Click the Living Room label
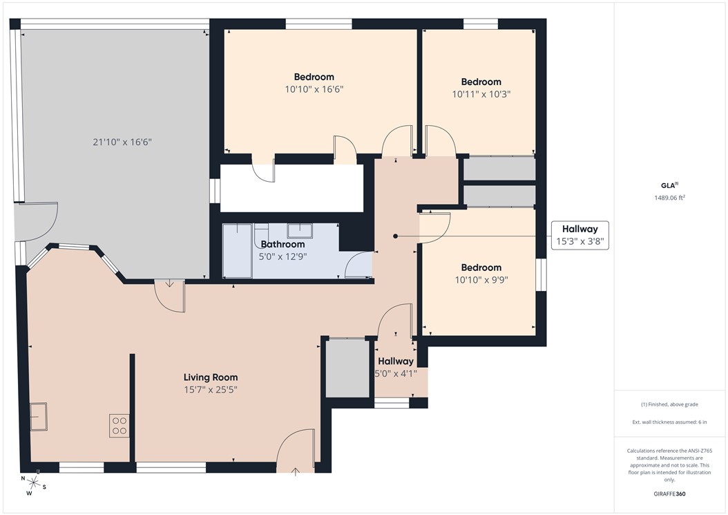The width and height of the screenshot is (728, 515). click(211, 377)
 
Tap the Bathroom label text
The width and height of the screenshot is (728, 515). click(282, 245)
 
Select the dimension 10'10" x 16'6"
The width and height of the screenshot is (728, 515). click(314, 89)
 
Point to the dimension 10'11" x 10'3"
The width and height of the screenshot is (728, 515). click(481, 94)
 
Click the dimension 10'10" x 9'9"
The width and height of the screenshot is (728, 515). click(481, 280)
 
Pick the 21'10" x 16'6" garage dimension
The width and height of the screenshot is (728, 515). click(122, 142)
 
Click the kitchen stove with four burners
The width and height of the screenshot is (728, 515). click(119, 425)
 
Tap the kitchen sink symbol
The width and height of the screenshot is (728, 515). click(39, 416)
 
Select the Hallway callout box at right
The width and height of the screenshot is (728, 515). click(580, 235)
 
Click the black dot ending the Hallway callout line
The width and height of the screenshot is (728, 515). click(396, 236)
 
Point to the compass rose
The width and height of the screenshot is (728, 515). click(33, 483)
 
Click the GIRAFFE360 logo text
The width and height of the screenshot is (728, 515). click(669, 494)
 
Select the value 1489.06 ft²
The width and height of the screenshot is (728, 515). click(669, 198)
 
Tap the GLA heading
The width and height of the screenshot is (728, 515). click(669, 185)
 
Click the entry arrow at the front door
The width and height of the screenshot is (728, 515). click(296, 471)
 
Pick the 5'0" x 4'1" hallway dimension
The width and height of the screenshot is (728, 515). click(396, 373)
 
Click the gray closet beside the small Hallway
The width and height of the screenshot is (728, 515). click(347, 368)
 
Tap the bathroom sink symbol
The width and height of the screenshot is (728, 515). click(300, 231)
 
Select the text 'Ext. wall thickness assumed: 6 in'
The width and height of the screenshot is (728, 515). click(669, 422)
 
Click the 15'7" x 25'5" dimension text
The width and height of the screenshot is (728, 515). click(211, 389)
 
